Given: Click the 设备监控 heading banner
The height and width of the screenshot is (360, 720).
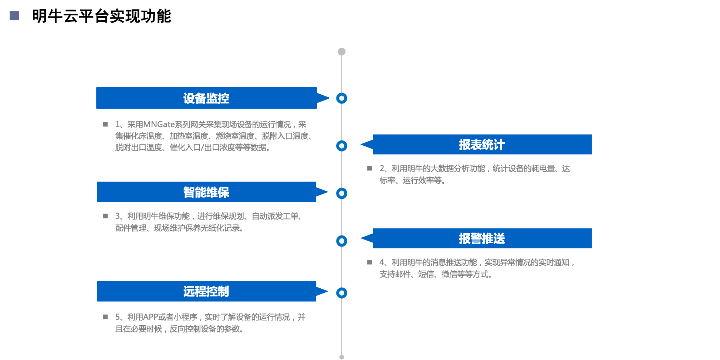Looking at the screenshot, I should click(206, 98).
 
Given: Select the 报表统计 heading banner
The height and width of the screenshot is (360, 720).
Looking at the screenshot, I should click(482, 145).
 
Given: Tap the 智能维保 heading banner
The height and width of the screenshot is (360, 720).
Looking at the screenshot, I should click(206, 192).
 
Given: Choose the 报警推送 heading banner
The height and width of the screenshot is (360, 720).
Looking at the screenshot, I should click(482, 238).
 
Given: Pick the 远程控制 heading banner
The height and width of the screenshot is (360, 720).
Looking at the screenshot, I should click(206, 291).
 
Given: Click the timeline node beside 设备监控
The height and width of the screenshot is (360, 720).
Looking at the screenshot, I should click(342, 98).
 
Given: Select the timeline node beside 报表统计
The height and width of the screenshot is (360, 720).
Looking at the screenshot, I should click(342, 146).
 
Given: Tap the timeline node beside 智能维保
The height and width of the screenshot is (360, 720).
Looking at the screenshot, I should click(342, 193).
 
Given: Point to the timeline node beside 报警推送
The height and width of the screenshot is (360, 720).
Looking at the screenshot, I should click(342, 241).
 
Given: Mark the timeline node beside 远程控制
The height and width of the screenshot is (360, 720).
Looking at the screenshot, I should click(342, 293).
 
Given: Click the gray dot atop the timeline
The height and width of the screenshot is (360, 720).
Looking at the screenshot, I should click(342, 52).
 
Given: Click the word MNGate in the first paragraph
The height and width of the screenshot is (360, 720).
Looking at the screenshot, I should click(159, 125).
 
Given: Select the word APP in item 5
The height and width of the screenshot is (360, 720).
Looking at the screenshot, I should click(151, 317).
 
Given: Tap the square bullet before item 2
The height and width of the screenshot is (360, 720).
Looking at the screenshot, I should click(369, 169).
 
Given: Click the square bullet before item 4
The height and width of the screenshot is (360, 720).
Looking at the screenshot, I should click(369, 262).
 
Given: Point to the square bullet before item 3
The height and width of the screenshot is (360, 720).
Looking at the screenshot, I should click(105, 216).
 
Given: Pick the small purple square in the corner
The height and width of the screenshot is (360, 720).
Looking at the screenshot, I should click(14, 16).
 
